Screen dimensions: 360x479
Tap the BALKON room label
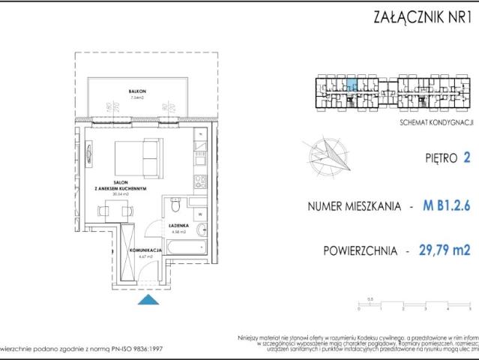tap(136, 91)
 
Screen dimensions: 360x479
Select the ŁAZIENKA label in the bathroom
tap(178, 226)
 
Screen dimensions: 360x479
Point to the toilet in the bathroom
tap(175, 205)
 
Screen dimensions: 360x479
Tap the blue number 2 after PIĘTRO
tap(468, 158)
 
